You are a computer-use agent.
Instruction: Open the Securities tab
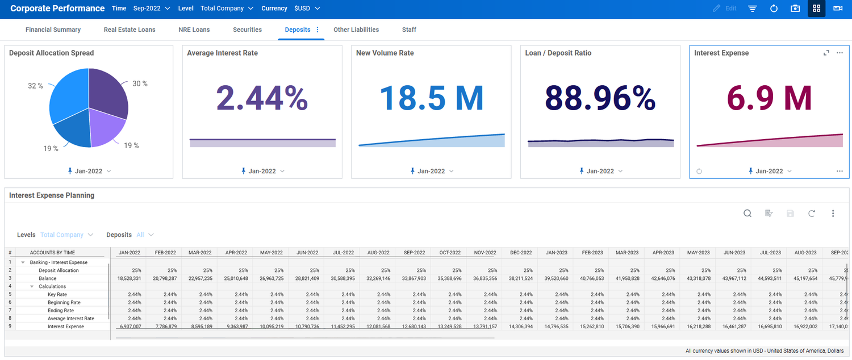tap(247, 30)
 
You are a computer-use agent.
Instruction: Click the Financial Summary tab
tap(53, 30)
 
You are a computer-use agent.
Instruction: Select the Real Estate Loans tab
tap(130, 30)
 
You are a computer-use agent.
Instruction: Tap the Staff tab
tap(409, 30)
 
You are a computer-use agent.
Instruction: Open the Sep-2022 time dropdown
tap(152, 9)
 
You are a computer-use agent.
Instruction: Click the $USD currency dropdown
tap(307, 9)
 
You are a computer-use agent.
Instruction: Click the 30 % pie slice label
tap(140, 83)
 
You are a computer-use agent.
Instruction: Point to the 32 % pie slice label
tap(35, 86)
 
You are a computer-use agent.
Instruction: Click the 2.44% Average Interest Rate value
tap(262, 98)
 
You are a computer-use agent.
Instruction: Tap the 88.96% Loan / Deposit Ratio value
tap(600, 98)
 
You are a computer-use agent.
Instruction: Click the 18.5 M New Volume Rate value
tap(431, 98)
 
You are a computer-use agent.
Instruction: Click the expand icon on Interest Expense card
tap(826, 53)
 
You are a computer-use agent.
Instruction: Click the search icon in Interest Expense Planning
tap(747, 214)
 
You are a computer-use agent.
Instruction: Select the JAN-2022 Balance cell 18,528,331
tap(128, 279)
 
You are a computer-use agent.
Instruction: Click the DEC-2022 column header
tap(520, 253)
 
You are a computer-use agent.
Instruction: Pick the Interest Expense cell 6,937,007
tap(128, 326)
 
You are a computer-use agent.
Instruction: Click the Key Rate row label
tap(57, 295)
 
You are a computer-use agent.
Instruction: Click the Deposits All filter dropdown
tap(144, 235)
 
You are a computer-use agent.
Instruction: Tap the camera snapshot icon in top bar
tap(795, 9)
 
